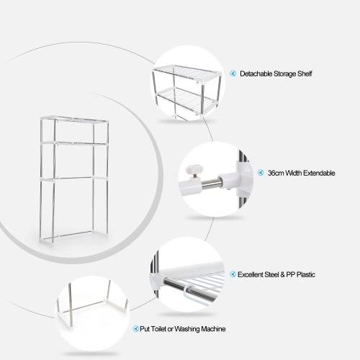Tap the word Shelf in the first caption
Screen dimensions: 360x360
tap(305, 73)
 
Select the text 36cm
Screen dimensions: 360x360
tap(275, 173)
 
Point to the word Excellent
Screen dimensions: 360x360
tap(251, 274)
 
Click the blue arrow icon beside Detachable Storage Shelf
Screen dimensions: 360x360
tap(233, 73)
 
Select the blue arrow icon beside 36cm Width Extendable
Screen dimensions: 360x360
tap(261, 173)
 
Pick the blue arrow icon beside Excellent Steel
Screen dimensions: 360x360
tap(233, 274)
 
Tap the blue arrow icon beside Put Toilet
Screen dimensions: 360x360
tap(135, 328)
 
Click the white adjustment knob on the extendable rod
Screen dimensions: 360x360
tap(193, 170)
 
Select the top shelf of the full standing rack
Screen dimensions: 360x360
tap(74, 119)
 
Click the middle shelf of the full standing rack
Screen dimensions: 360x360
tap(73, 143)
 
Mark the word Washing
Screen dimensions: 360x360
tap(186, 329)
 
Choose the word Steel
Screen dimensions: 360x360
tap(272, 274)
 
